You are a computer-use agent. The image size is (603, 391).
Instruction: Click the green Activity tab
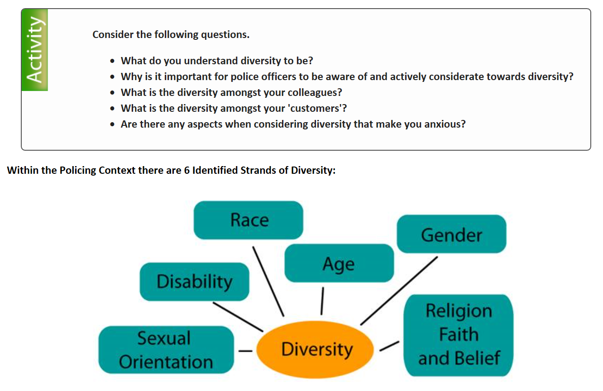pyautogui.click(x=35, y=50)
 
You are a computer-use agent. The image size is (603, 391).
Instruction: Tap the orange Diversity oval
pyautogui.click(x=315, y=349)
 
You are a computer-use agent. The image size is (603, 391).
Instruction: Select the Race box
pyautogui.click(x=249, y=220)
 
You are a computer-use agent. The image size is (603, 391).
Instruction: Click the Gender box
pyautogui.click(x=451, y=234)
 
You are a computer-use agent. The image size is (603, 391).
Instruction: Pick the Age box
pyautogui.click(x=339, y=263)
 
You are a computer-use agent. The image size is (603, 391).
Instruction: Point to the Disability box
pyautogui.click(x=194, y=282)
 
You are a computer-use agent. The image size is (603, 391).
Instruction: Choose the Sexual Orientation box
pyautogui.click(x=166, y=350)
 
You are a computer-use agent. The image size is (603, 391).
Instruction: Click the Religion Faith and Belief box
pyautogui.click(x=459, y=335)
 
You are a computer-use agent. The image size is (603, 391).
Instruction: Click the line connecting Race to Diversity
pyautogui.click(x=268, y=281)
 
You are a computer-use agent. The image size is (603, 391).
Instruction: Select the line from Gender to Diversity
pyautogui.click(x=399, y=291)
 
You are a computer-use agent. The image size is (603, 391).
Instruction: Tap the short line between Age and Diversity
pyautogui.click(x=322, y=301)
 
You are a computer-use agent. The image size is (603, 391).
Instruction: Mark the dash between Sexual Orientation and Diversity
pyautogui.click(x=245, y=351)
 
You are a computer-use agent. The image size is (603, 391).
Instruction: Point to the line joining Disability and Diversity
pyautogui.click(x=238, y=317)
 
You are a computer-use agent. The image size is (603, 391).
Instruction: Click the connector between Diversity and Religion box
pyautogui.click(x=389, y=346)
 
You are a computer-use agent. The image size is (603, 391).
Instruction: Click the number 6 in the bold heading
pyautogui.click(x=187, y=170)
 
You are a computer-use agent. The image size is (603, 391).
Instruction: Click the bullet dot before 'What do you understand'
pyautogui.click(x=113, y=62)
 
